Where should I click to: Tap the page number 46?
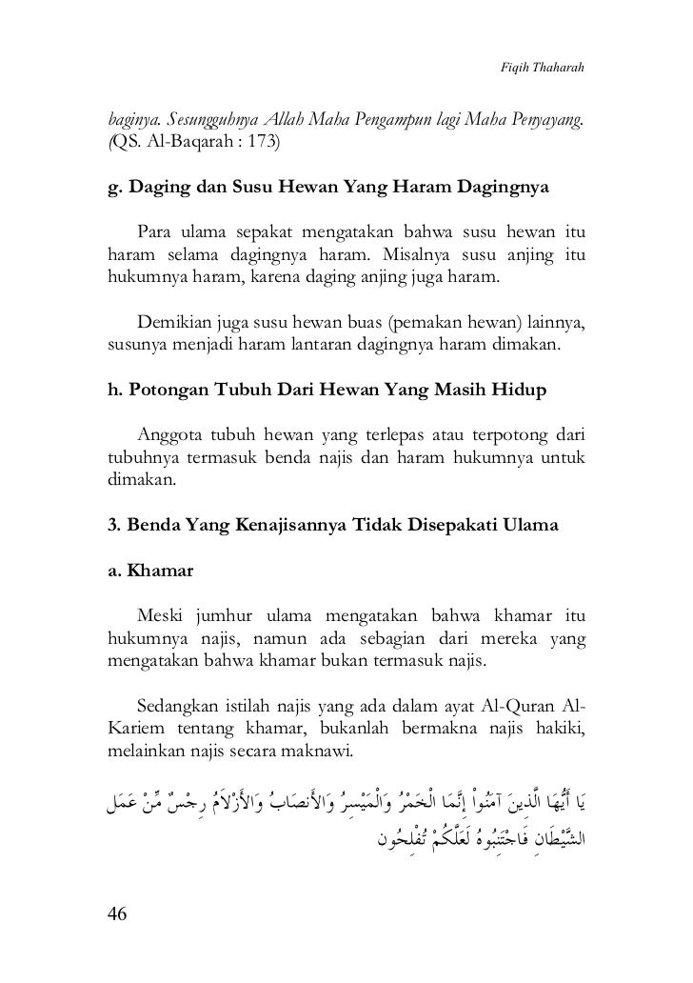coord(118,914)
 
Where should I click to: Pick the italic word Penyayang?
coord(544,123)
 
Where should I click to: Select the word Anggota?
coord(172,435)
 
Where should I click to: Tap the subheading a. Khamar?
coord(149,572)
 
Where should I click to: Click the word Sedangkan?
coord(178,706)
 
